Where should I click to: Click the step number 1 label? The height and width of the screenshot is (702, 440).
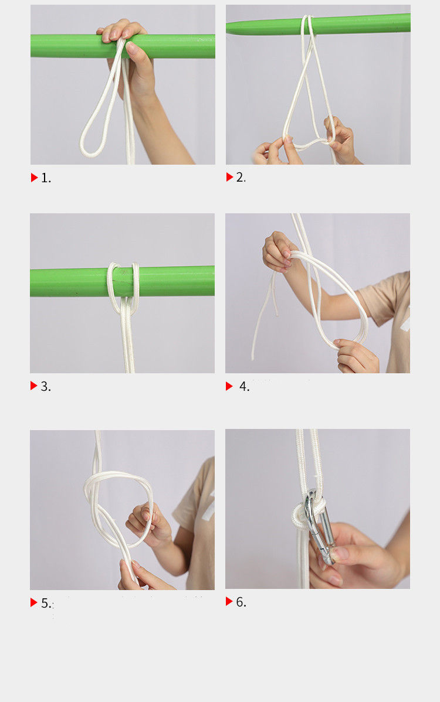[46, 178]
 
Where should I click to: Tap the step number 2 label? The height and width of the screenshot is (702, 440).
[241, 178]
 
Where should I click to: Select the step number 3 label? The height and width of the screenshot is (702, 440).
[46, 386]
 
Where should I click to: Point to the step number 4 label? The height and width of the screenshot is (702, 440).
[244, 386]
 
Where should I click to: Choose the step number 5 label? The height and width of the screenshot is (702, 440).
[46, 603]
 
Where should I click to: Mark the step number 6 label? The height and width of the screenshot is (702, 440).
[241, 602]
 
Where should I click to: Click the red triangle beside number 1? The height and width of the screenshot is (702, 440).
[34, 178]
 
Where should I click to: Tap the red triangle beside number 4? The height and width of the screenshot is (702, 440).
[229, 386]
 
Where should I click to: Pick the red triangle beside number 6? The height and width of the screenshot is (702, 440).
[229, 601]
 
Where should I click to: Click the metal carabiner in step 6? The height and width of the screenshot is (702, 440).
[319, 526]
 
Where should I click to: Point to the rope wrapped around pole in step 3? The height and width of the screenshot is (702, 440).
[123, 282]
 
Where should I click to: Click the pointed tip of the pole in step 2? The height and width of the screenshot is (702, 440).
[228, 28]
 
